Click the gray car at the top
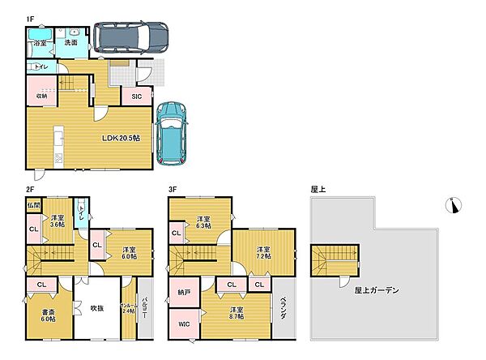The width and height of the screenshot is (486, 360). tap(130, 36)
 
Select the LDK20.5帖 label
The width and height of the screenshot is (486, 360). tap(122, 139)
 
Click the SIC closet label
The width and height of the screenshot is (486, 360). tap(135, 96)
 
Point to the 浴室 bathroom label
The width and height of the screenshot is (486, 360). tap(39, 43)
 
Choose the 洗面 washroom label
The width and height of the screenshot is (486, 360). tap(71, 43)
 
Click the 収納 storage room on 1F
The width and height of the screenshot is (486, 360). tap(40, 94)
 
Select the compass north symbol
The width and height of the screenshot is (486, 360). tap(453, 205)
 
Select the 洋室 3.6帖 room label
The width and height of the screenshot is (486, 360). tap(57, 221)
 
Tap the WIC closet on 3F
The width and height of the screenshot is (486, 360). tap(183, 325)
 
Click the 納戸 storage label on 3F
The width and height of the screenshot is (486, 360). tap(185, 293)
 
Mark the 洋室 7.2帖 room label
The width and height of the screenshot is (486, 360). tap(263, 254)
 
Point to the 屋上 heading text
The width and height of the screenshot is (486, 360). tap(318, 188)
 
